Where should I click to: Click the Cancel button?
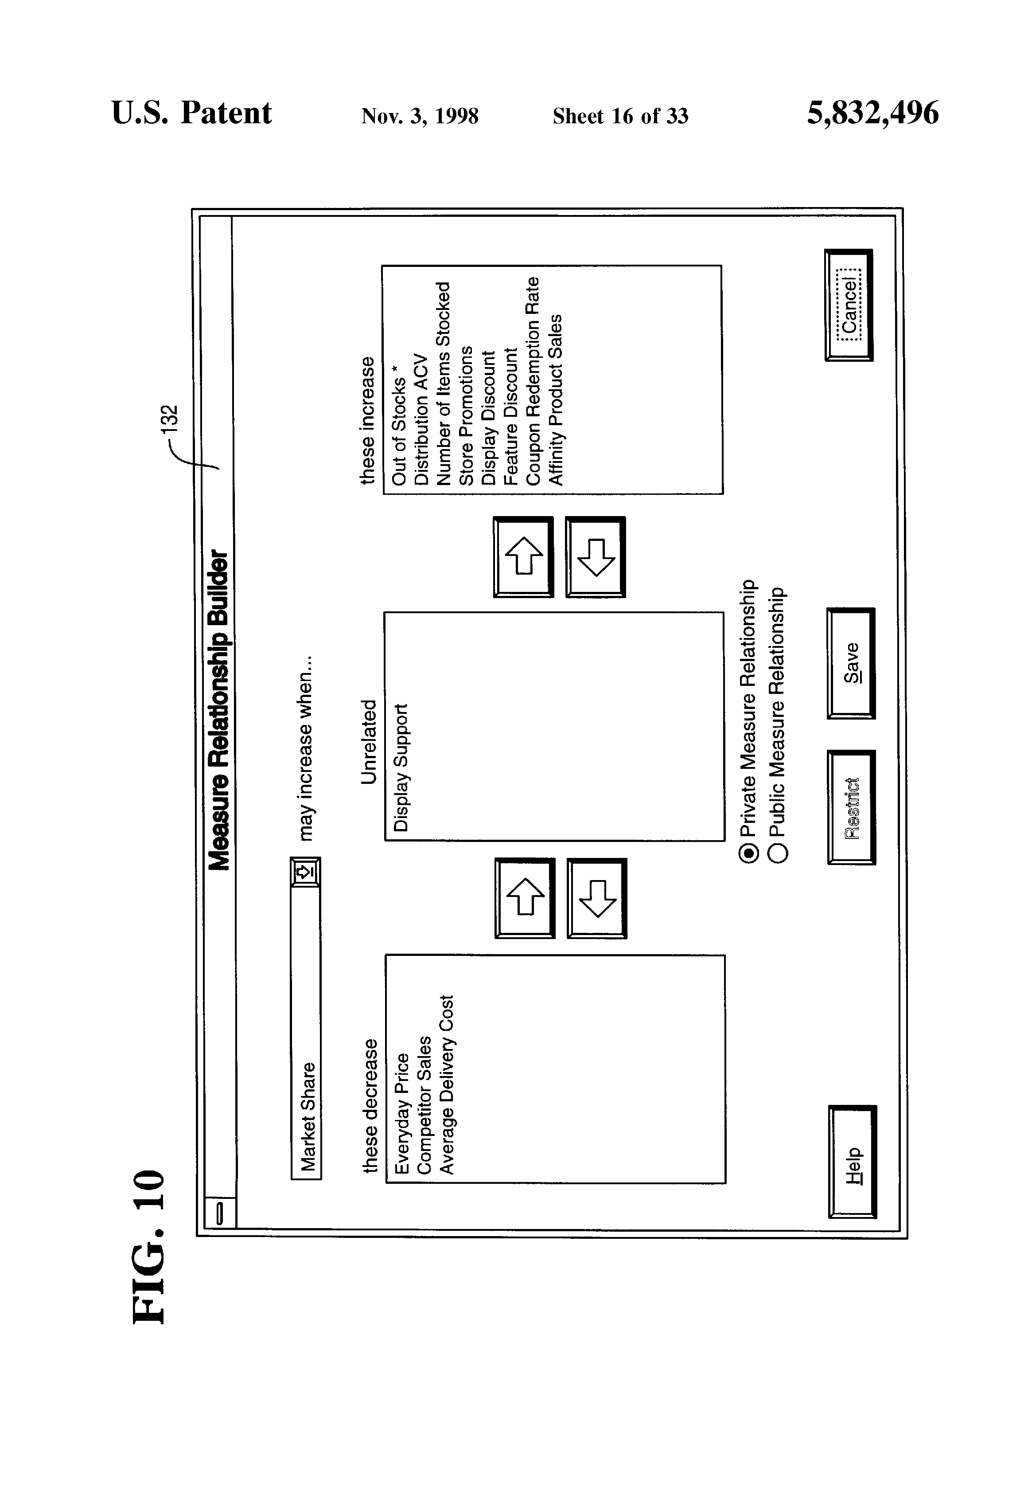(849, 305)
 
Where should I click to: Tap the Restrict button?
(851, 807)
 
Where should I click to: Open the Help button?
(853, 1161)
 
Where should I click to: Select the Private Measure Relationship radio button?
(748, 852)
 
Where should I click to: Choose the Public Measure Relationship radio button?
(778, 852)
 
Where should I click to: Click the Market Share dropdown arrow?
(305, 872)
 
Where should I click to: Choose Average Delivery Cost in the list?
(446, 1084)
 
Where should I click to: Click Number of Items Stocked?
(443, 384)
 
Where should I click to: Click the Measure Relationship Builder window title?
(218, 711)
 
